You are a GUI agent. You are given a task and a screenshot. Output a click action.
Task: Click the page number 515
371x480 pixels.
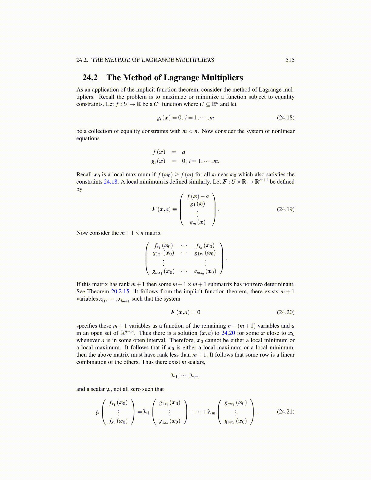(290, 60)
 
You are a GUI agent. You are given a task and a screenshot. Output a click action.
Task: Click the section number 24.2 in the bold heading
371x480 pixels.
(90, 78)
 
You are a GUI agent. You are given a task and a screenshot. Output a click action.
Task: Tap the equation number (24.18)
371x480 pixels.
(286, 118)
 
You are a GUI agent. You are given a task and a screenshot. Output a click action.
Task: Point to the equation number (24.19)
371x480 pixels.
(286, 209)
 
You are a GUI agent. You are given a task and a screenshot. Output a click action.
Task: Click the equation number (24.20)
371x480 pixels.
(286, 312)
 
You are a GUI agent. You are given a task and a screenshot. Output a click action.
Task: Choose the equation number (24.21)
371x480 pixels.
(286, 412)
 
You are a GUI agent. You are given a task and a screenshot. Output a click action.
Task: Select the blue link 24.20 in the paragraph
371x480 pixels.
(228, 333)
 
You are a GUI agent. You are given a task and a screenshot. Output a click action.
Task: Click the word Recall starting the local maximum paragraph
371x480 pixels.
(84, 175)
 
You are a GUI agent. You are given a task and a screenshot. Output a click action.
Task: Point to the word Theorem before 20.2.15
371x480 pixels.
(98, 292)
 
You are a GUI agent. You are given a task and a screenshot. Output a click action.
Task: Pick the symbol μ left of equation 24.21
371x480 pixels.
(97, 412)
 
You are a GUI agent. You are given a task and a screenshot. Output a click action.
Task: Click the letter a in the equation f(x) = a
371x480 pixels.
(183, 152)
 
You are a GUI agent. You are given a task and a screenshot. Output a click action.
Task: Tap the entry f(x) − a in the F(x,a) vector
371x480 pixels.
(198, 196)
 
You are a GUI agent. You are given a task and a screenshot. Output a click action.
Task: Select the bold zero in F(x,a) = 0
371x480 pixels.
(199, 312)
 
